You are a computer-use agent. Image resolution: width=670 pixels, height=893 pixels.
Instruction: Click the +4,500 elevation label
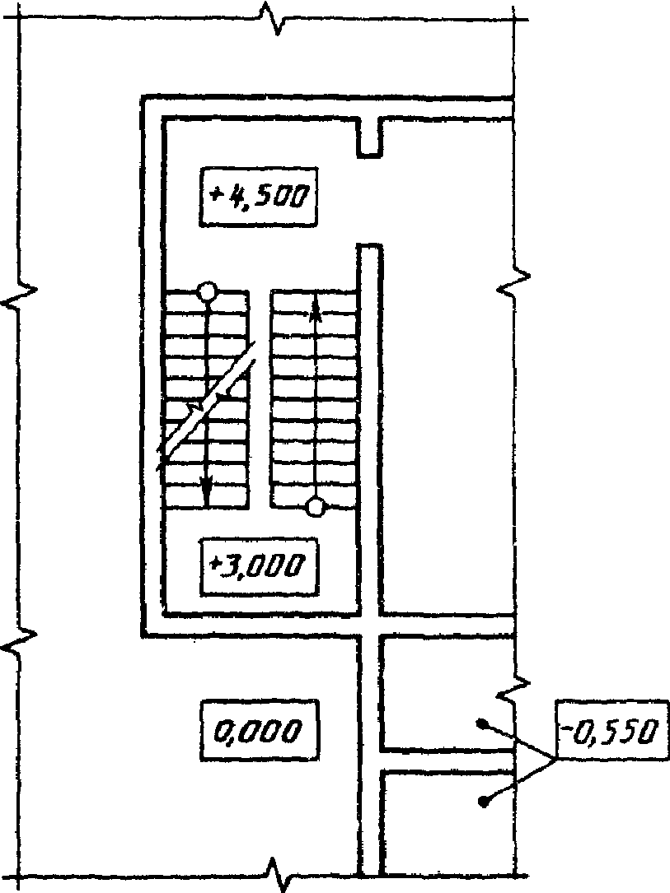click(259, 196)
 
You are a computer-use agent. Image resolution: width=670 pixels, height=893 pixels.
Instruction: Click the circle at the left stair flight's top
click(208, 291)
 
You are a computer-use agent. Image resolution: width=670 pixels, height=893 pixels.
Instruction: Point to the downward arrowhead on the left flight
click(207, 495)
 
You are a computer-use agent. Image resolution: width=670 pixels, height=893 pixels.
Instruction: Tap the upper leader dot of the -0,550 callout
click(482, 723)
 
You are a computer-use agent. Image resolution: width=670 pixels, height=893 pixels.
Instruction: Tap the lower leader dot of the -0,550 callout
click(483, 800)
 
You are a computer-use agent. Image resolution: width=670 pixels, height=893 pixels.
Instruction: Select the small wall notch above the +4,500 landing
click(369, 137)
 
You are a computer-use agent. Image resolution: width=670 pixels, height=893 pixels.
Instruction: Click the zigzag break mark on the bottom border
click(273, 872)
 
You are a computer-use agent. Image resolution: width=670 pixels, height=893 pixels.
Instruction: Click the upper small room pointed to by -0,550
click(445, 691)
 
